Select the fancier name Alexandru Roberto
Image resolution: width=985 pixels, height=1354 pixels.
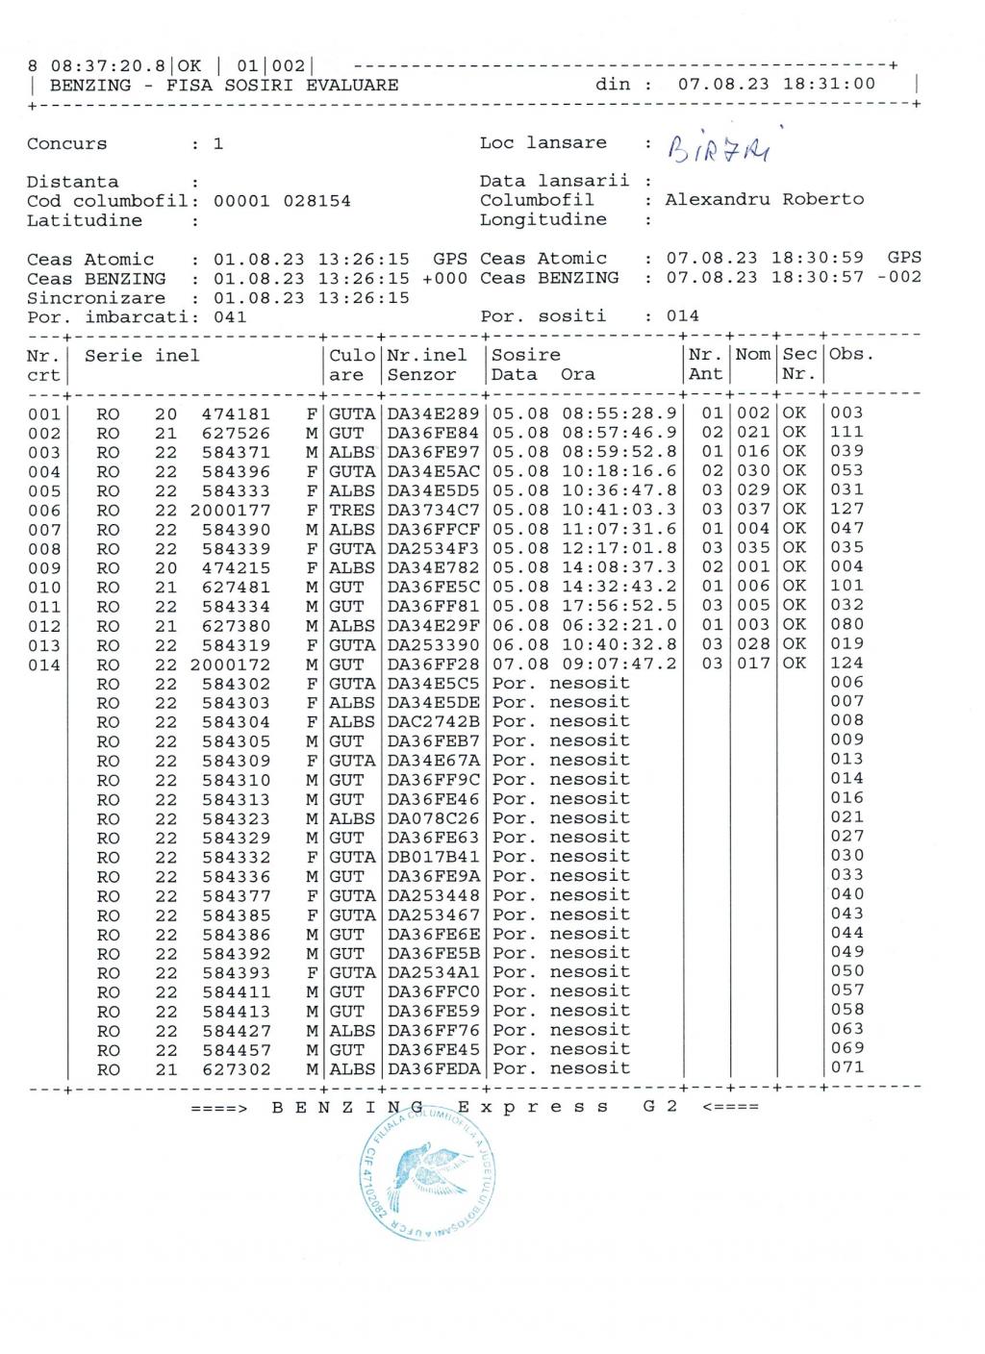pos(764,200)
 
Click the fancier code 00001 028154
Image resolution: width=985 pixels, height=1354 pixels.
pos(282,201)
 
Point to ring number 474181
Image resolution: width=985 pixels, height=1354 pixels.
pos(236,414)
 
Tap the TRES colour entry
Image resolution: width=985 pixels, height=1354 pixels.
pos(352,511)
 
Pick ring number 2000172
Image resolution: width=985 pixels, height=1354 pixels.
pos(230,664)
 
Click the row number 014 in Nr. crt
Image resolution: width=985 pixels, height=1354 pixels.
pos(43,664)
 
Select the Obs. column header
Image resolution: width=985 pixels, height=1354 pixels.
pos(851,355)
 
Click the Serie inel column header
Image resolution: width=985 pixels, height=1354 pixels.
pos(142,356)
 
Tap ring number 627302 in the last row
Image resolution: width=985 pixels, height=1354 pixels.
pos(236,1069)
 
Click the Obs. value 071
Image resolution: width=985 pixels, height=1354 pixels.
pos(847,1067)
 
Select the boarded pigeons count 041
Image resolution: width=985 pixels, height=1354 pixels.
pos(230,316)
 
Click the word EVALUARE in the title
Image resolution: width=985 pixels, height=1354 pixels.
pos(352,85)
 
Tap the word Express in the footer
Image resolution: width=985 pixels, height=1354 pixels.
pos(533,1107)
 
